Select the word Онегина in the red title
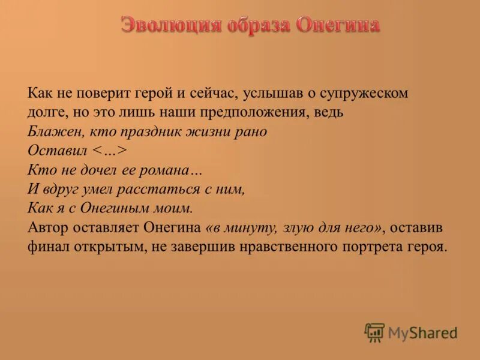tap(338, 26)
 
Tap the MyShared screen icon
tap(374, 332)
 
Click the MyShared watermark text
tap(423, 333)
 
